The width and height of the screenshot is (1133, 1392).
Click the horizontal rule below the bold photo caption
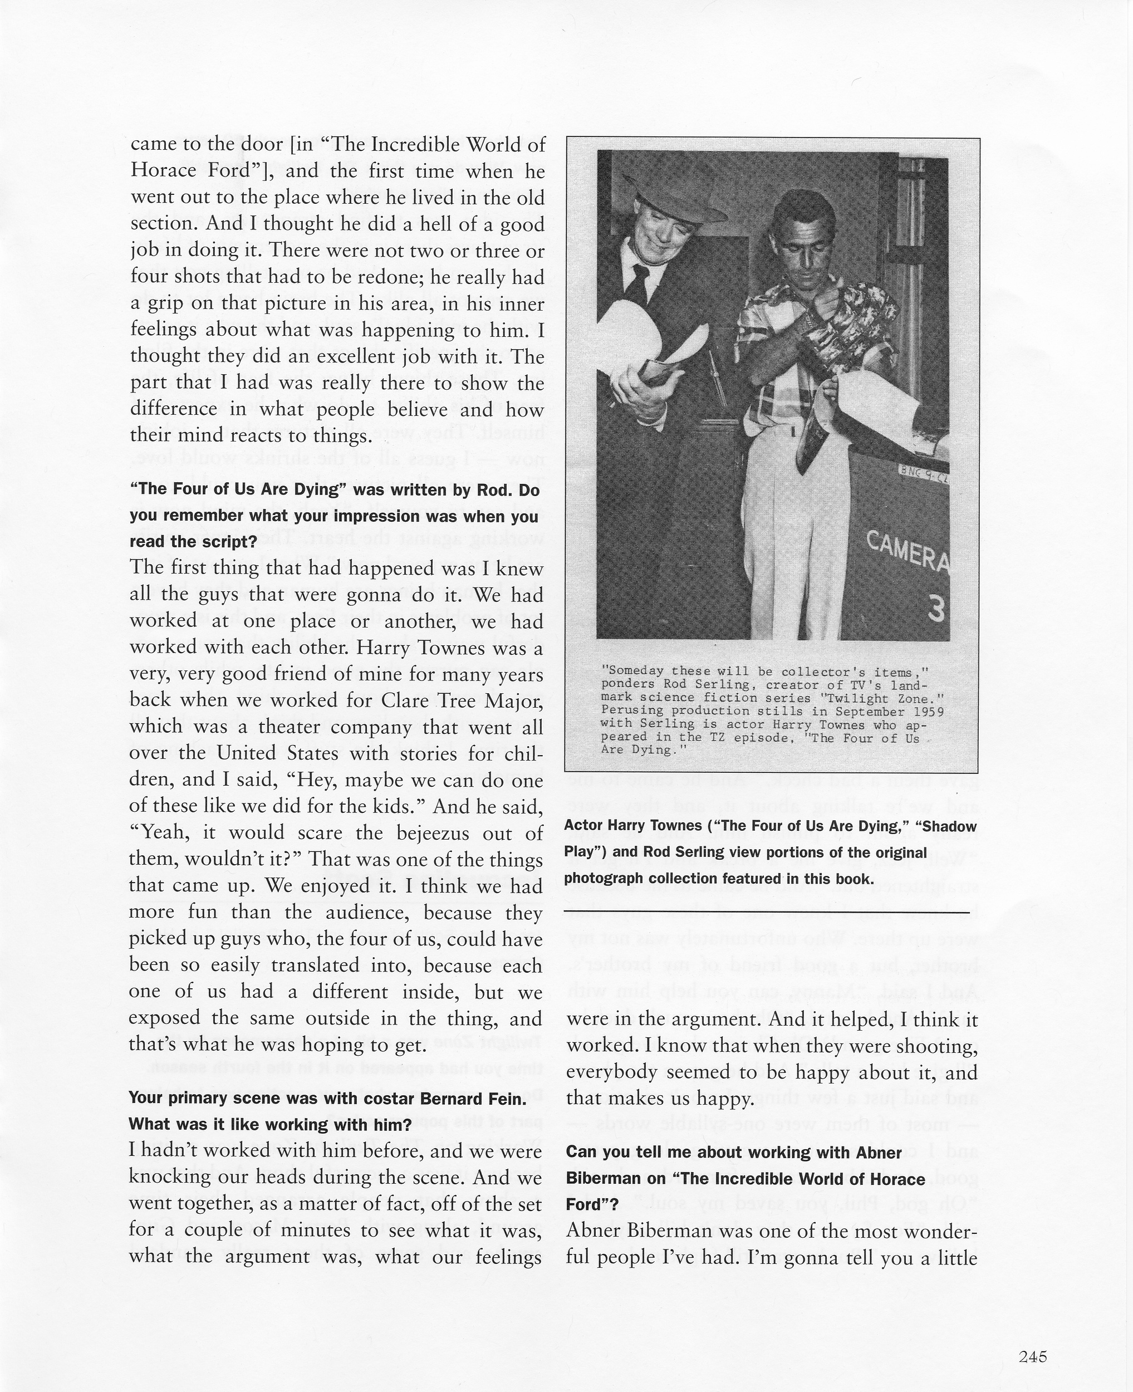pos(767,911)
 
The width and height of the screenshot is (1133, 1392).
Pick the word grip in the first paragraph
pos(163,303)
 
